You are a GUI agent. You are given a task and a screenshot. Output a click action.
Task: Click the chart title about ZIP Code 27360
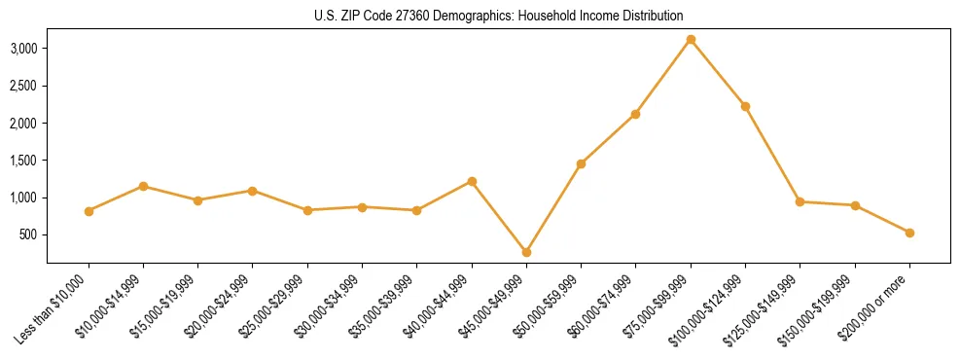499,16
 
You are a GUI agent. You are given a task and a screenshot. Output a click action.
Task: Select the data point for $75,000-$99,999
691,40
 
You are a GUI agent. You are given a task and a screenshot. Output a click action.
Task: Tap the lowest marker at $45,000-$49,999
526,252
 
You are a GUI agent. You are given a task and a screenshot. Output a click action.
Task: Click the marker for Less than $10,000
89,211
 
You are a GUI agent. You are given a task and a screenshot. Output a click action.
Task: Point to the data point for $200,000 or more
909,233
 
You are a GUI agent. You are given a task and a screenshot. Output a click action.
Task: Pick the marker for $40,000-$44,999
472,181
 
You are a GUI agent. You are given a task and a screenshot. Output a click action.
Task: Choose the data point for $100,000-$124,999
745,106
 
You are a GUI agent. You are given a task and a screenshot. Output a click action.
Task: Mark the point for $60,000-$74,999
635,114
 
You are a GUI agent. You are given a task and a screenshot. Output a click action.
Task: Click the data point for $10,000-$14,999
143,186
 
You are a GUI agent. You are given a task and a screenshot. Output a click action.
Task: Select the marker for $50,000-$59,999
581,163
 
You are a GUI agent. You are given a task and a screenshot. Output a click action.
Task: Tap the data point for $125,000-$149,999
800,201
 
